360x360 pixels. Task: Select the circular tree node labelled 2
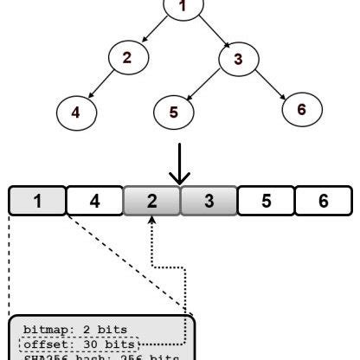pyautogui.click(x=127, y=58)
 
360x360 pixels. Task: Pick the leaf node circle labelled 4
pyautogui.click(x=75, y=112)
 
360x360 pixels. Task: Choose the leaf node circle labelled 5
pyautogui.click(x=174, y=112)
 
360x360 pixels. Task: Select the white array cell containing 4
pyautogui.click(x=94, y=201)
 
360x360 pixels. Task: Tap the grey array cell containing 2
pyautogui.click(x=151, y=201)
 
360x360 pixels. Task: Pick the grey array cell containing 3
pyautogui.click(x=208, y=201)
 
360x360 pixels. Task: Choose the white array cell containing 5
pyautogui.click(x=266, y=201)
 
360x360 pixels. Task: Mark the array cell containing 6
pyautogui.click(x=323, y=201)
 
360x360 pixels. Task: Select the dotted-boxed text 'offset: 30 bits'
pyautogui.click(x=76, y=344)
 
